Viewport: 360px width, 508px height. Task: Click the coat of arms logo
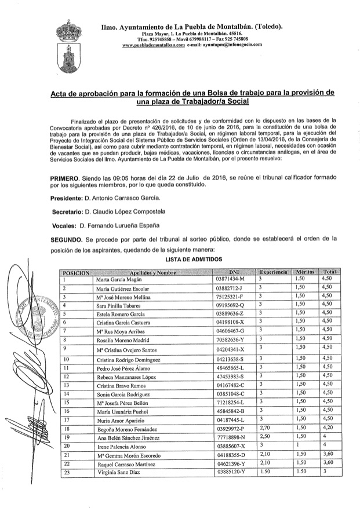(69, 46)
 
